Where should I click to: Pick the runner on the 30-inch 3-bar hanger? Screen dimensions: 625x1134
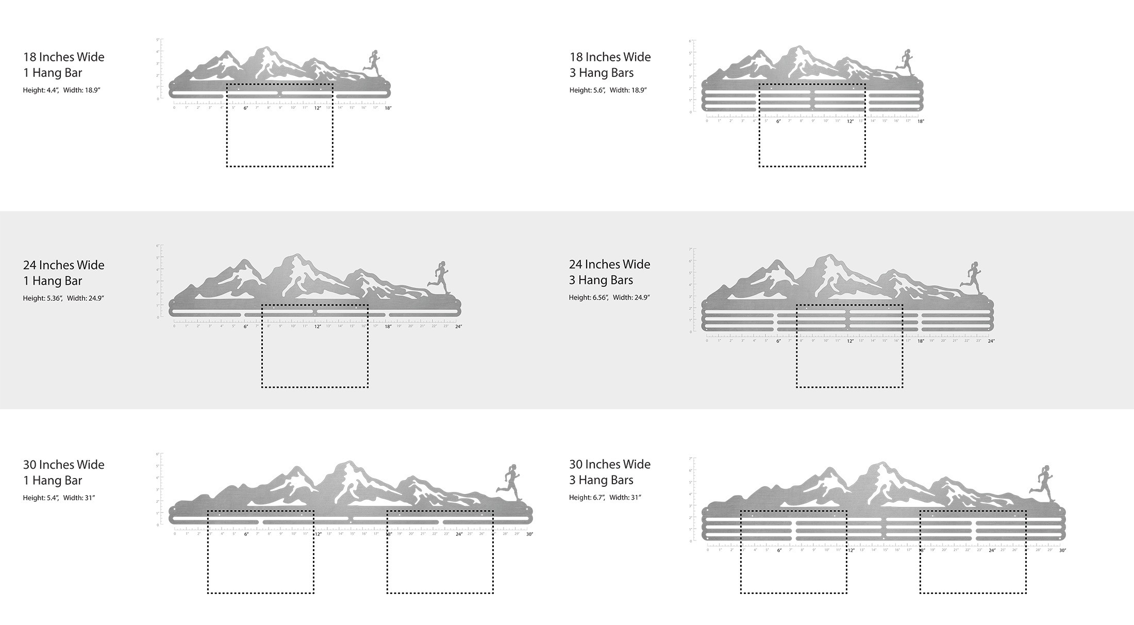pyautogui.click(x=1043, y=482)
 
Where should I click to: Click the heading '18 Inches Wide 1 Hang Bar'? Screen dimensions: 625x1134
pyautogui.click(x=63, y=64)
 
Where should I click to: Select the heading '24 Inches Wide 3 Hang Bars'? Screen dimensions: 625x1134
pyautogui.click(x=609, y=272)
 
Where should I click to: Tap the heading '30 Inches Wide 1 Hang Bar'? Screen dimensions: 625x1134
pyautogui.click(x=63, y=472)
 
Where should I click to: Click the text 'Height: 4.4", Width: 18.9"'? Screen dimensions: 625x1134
pyautogui.click(x=61, y=90)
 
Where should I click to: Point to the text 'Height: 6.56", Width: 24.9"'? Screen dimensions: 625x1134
pyautogui.click(x=609, y=298)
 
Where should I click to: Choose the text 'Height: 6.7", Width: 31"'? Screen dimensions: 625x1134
pyautogui.click(x=605, y=498)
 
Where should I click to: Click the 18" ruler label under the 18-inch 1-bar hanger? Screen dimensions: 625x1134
pyautogui.click(x=388, y=108)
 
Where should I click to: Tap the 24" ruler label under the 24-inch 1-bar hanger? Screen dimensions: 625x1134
pyautogui.click(x=458, y=326)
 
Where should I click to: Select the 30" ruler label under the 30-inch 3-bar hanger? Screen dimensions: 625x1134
pyautogui.click(x=1062, y=550)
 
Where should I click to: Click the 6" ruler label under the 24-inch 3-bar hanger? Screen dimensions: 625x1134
pyautogui.click(x=778, y=341)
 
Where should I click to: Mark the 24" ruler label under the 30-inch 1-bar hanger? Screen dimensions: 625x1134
pyautogui.click(x=459, y=534)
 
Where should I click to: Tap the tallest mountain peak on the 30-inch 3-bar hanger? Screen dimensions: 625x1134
pyautogui.click(x=879, y=464)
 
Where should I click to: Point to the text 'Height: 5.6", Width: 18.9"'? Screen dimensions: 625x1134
pyautogui.click(x=608, y=90)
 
